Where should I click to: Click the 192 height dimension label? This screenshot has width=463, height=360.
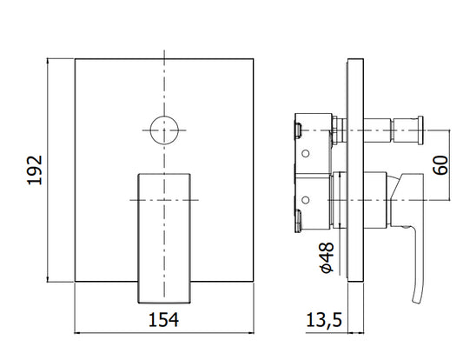pyautogui.click(x=35, y=170)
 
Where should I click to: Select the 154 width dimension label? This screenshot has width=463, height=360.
pyautogui.click(x=163, y=320)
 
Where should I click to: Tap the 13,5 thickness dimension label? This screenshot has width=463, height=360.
pyautogui.click(x=324, y=320)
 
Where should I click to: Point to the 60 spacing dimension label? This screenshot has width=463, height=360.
pyautogui.click(x=440, y=165)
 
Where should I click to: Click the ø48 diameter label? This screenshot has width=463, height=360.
pyautogui.click(x=327, y=257)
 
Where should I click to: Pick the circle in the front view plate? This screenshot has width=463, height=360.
pyautogui.click(x=164, y=117)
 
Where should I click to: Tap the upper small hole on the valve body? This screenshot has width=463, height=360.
pyautogui.click(x=306, y=154)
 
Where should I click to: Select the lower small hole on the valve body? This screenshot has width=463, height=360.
pyautogui.click(x=306, y=200)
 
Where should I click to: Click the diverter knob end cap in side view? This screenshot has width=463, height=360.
pyautogui.click(x=420, y=130)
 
